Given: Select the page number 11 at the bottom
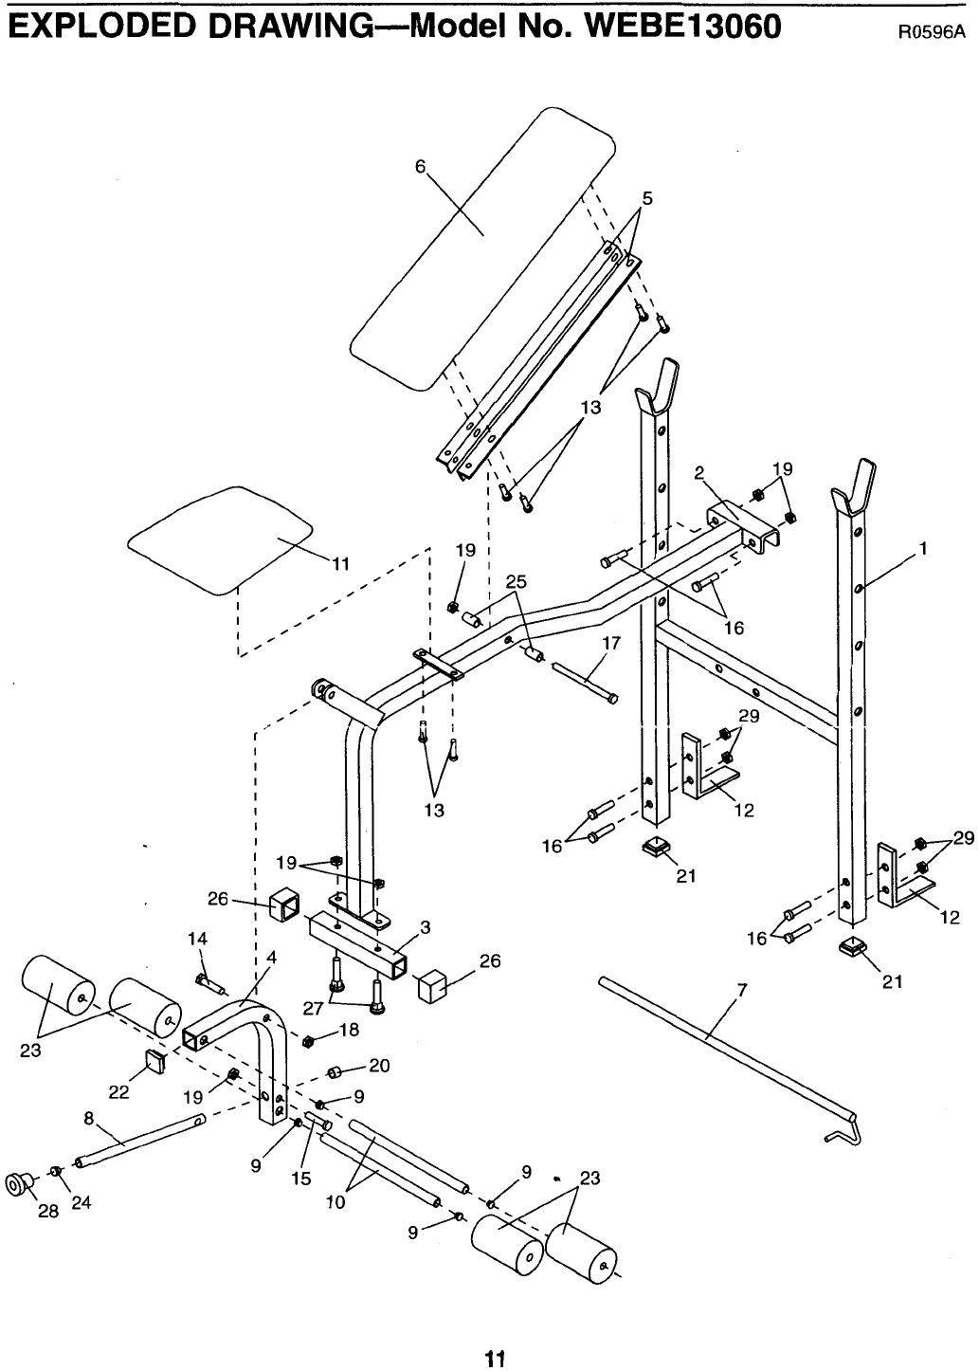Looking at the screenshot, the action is coord(495,1354).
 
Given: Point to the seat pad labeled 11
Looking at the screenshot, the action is coord(220,539).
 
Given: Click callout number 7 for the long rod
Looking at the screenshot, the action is coord(741,990).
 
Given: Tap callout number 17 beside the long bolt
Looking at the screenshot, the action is coord(611,643).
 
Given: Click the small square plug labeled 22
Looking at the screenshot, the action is coord(155,1062).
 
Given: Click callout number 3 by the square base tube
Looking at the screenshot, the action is coord(426,927).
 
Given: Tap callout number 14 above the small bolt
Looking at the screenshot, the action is coord(198,939).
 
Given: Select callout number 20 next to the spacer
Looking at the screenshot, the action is coord(379,1066).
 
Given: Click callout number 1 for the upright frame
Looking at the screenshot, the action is coord(923,548).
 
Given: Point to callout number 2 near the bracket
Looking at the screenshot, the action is coord(698,472).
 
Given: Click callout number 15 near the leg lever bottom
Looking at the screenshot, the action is coord(301,1179).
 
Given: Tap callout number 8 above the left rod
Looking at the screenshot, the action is coord(89,1118).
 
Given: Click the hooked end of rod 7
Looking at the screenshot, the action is coord(845,1134).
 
